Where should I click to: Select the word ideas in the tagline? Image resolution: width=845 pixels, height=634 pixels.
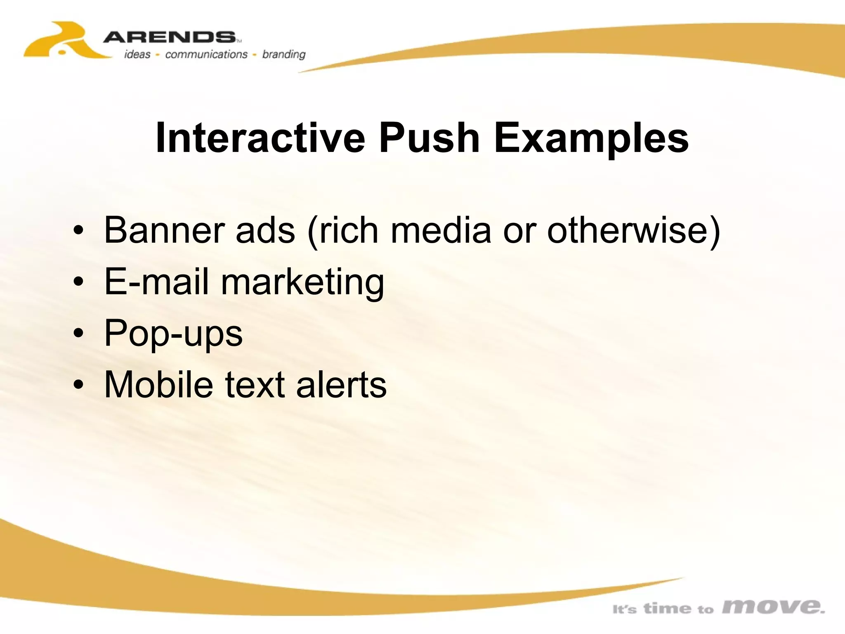pos(137,54)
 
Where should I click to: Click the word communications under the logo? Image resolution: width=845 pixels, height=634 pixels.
pos(206,54)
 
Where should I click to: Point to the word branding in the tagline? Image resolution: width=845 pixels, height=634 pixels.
pos(284,54)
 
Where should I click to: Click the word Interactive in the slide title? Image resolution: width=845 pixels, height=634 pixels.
pos(260,138)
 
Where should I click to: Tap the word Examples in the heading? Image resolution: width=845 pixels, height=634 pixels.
pos(591,138)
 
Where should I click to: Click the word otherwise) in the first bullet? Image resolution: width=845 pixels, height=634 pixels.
pos(633,230)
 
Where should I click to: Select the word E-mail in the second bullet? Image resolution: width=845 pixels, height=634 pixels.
pos(156,282)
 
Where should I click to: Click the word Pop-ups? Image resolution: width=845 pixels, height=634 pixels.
pos(173,334)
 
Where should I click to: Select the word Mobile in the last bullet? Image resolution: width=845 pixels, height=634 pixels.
pos(158,384)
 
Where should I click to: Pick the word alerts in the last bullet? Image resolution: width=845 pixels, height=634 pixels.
pos(341,384)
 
